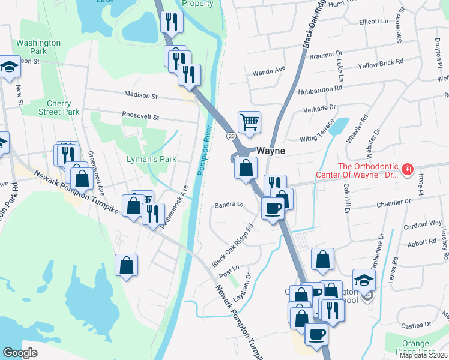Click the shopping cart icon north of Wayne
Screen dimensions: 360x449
tap(249, 122)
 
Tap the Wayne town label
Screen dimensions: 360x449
tap(271, 151)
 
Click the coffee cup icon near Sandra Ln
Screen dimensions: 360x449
tap(273, 208)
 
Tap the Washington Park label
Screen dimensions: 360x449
tap(38, 47)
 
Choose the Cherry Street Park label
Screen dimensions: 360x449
tap(59, 107)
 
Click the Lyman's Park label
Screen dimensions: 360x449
tap(151, 159)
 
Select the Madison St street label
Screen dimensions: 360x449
tap(140, 95)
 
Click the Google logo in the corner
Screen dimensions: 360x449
tap(20, 352)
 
